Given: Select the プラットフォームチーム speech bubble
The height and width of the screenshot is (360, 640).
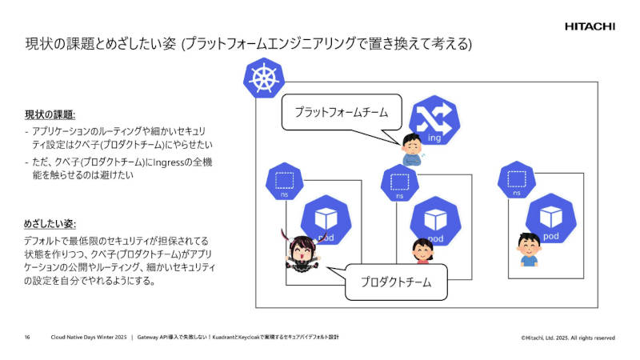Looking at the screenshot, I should click(341, 112).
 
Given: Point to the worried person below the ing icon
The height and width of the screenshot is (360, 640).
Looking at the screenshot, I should click(410, 149).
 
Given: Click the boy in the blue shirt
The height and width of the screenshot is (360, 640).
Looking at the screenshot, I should click(528, 249).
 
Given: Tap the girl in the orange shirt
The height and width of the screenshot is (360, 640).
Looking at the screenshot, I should click(421, 251).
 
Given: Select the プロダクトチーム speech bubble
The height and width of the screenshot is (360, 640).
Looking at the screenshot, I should click(395, 282).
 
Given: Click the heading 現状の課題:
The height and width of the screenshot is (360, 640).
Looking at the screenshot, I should click(50, 114).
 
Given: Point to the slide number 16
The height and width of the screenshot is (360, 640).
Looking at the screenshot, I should click(27, 338).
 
